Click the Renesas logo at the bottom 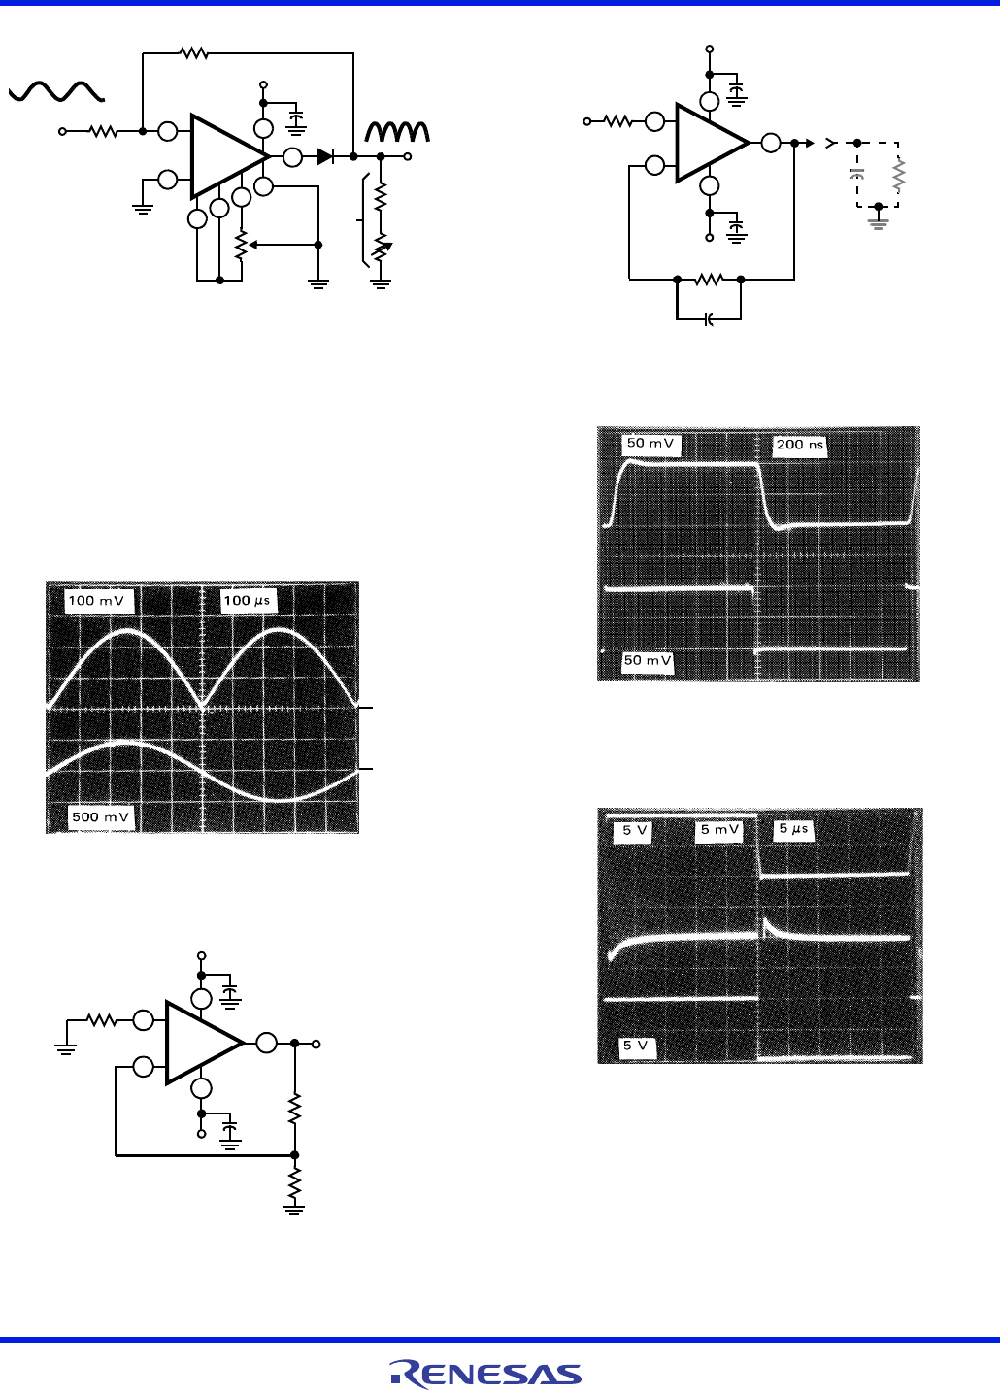pyautogui.click(x=485, y=1373)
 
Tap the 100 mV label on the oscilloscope pyautogui.click(x=96, y=601)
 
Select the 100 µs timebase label pyautogui.click(x=248, y=601)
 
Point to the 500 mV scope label pyautogui.click(x=100, y=817)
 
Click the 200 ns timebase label pyautogui.click(x=799, y=446)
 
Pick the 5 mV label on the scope pyautogui.click(x=720, y=831)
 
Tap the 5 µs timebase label pyautogui.click(x=793, y=830)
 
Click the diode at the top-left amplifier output pyautogui.click(x=326, y=156)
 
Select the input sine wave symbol pyautogui.click(x=56, y=91)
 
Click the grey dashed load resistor pyautogui.click(x=899, y=175)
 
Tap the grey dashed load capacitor pyautogui.click(x=856, y=175)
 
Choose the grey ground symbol pyautogui.click(x=879, y=222)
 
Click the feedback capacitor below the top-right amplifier pyautogui.click(x=709, y=318)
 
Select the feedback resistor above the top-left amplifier pyautogui.click(x=194, y=53)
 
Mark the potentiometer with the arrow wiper pyautogui.click(x=241, y=245)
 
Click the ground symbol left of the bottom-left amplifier pyautogui.click(x=66, y=1046)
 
